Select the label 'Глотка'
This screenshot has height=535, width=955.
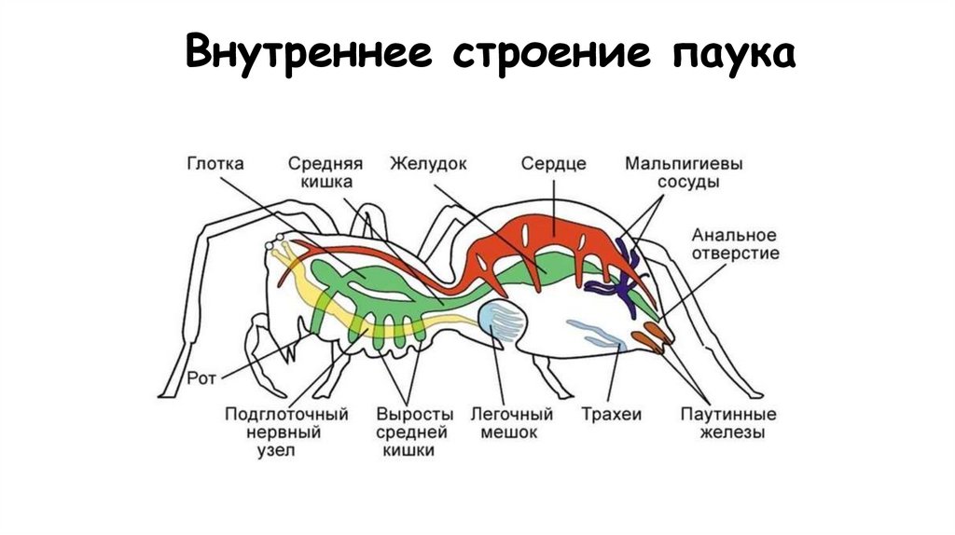tap(215, 164)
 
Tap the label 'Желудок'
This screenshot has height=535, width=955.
tap(428, 164)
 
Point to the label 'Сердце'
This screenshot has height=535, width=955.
tap(553, 164)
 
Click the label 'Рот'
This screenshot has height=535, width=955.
tap(201, 377)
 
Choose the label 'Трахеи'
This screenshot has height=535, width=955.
tap(611, 415)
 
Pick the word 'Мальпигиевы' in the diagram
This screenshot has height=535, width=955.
tap(684, 164)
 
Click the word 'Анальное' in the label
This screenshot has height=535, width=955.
tap(734, 235)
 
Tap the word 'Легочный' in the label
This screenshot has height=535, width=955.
tap(512, 415)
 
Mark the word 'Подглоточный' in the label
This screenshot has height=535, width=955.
tap(286, 415)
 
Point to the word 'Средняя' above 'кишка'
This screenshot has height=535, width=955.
tap(324, 164)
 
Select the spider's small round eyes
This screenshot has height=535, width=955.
tap(274, 243)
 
